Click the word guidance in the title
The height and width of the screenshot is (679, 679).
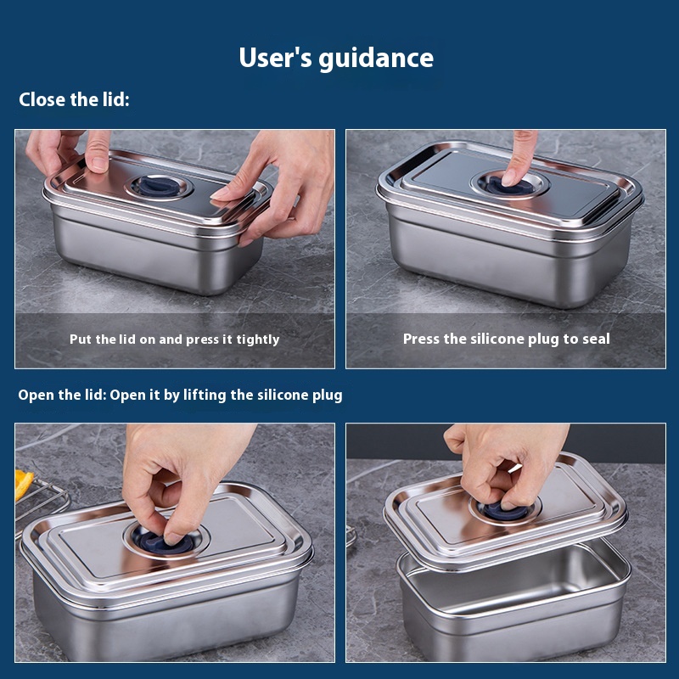[x=376, y=59]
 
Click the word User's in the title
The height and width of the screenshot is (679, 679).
[x=275, y=57]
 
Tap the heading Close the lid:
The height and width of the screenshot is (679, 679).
[x=74, y=99]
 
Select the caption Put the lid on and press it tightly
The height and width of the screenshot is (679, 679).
[x=175, y=339]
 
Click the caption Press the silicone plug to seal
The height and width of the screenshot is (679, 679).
[x=506, y=339]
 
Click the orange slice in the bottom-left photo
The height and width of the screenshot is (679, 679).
[x=24, y=484]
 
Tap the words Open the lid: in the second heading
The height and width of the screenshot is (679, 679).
[x=62, y=395]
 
